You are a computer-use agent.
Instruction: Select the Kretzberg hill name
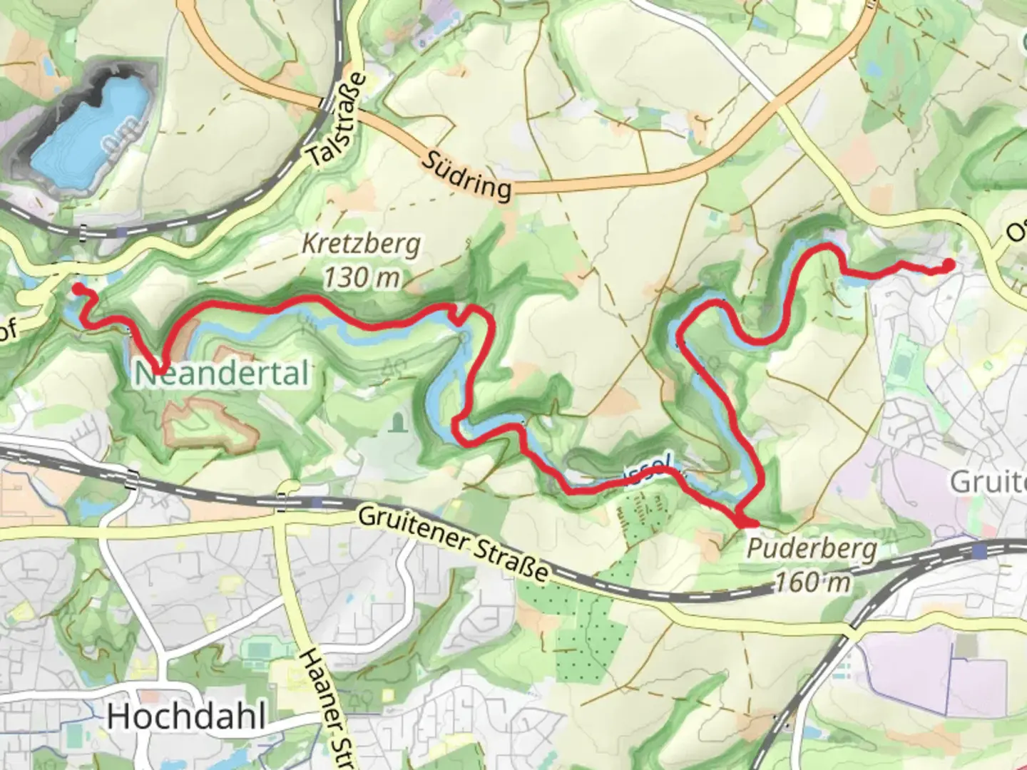[x=361, y=245]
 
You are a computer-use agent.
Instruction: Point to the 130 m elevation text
[x=362, y=277]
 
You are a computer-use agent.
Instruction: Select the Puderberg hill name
[x=812, y=550]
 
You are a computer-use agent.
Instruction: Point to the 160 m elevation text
[x=812, y=582]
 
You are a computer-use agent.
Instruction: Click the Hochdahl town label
[x=187, y=716]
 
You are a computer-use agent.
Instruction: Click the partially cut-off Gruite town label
[x=987, y=482]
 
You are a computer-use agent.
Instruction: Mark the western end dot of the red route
[x=76, y=288]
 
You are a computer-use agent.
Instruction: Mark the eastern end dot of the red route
[x=949, y=265]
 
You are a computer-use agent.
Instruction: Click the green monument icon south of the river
[x=397, y=424]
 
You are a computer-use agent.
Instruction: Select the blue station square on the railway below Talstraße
[x=123, y=232]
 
